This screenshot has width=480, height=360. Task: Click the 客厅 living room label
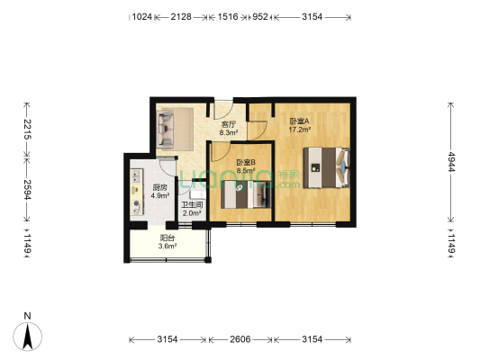click(x=230, y=124)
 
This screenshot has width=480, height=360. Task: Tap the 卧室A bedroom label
click(x=299, y=121)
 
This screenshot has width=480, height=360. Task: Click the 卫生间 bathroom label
click(x=192, y=206)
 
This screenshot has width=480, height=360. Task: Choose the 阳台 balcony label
click(x=167, y=238)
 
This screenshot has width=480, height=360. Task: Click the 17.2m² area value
click(x=299, y=129)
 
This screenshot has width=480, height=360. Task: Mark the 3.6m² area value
click(x=168, y=247)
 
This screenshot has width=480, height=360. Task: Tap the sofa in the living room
click(x=174, y=128)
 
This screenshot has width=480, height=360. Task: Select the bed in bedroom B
click(x=245, y=194)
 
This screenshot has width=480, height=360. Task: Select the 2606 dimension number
click(x=241, y=339)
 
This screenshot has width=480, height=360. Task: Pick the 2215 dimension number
click(x=28, y=130)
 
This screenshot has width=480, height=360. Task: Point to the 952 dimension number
click(x=260, y=16)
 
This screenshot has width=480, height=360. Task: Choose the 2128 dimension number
click(x=181, y=16)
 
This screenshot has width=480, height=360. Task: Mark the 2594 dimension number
click(x=28, y=188)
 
